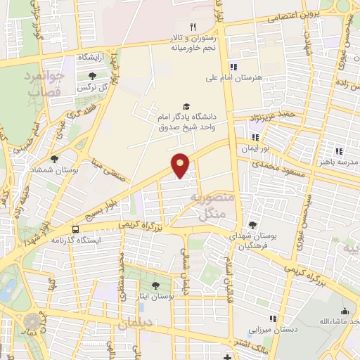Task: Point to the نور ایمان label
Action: [x=256, y=150]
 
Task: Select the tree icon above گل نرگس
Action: [x=92, y=77]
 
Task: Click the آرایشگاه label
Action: [x=88, y=58]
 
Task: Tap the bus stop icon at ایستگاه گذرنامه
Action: [x=75, y=229]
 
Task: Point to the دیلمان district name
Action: [x=135, y=325]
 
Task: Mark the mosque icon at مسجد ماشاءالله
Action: [x=344, y=311]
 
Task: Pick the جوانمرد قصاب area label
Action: [x=44, y=84]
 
